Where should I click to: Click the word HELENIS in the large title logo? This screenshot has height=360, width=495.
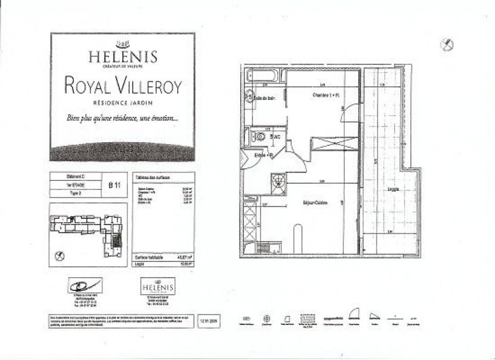[x=123, y=57]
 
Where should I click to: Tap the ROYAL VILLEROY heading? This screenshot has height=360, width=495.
[x=123, y=85]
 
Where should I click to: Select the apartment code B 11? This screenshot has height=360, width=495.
[x=114, y=186]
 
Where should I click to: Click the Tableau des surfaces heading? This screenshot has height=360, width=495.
[x=152, y=177]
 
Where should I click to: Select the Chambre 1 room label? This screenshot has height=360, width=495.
[x=325, y=96]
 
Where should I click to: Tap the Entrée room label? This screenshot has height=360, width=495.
[x=264, y=156]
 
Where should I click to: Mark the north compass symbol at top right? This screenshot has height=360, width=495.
[x=447, y=44]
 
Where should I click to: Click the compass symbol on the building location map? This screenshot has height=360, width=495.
[x=59, y=257]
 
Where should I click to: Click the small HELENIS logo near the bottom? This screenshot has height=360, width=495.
[x=157, y=286]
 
